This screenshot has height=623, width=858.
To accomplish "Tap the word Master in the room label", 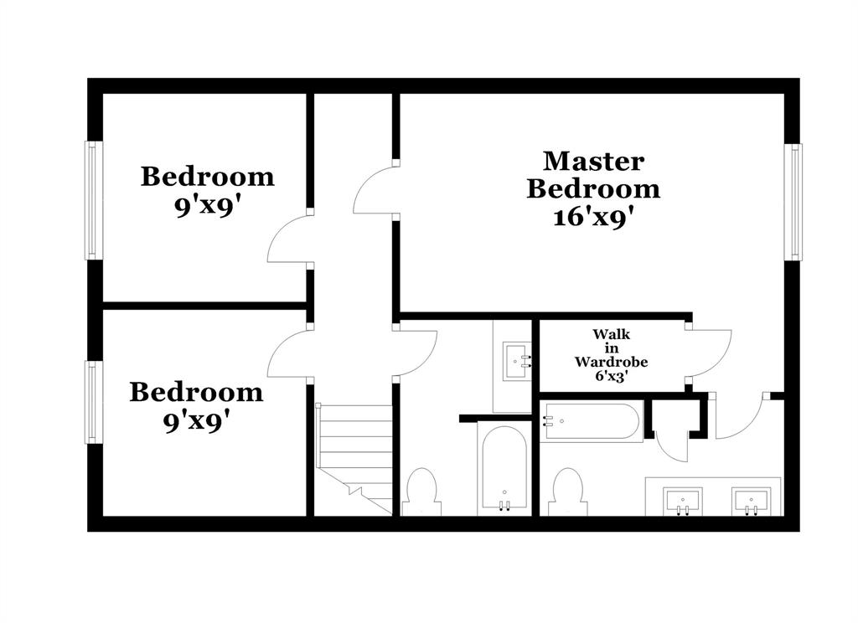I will coord(593,160).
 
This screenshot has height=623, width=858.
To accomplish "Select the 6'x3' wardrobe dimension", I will coord(612,378).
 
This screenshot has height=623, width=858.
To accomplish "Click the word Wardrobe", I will coord(611,363).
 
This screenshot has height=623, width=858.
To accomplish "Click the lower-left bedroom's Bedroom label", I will coord(195,392).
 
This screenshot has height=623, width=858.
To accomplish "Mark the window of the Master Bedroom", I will coord(793,202).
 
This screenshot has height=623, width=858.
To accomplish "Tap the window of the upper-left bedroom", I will coord(92,200).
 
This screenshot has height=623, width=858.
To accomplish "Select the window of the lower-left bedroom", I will coord(92,402).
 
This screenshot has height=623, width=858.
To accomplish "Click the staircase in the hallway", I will coord(354,456).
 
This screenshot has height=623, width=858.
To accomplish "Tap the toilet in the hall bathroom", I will coord(421,492).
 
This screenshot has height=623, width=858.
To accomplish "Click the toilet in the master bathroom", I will coord(568,492).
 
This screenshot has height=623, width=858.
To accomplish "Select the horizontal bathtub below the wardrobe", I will coord(592,422).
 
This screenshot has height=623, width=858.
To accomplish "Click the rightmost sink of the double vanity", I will coord(751,502).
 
